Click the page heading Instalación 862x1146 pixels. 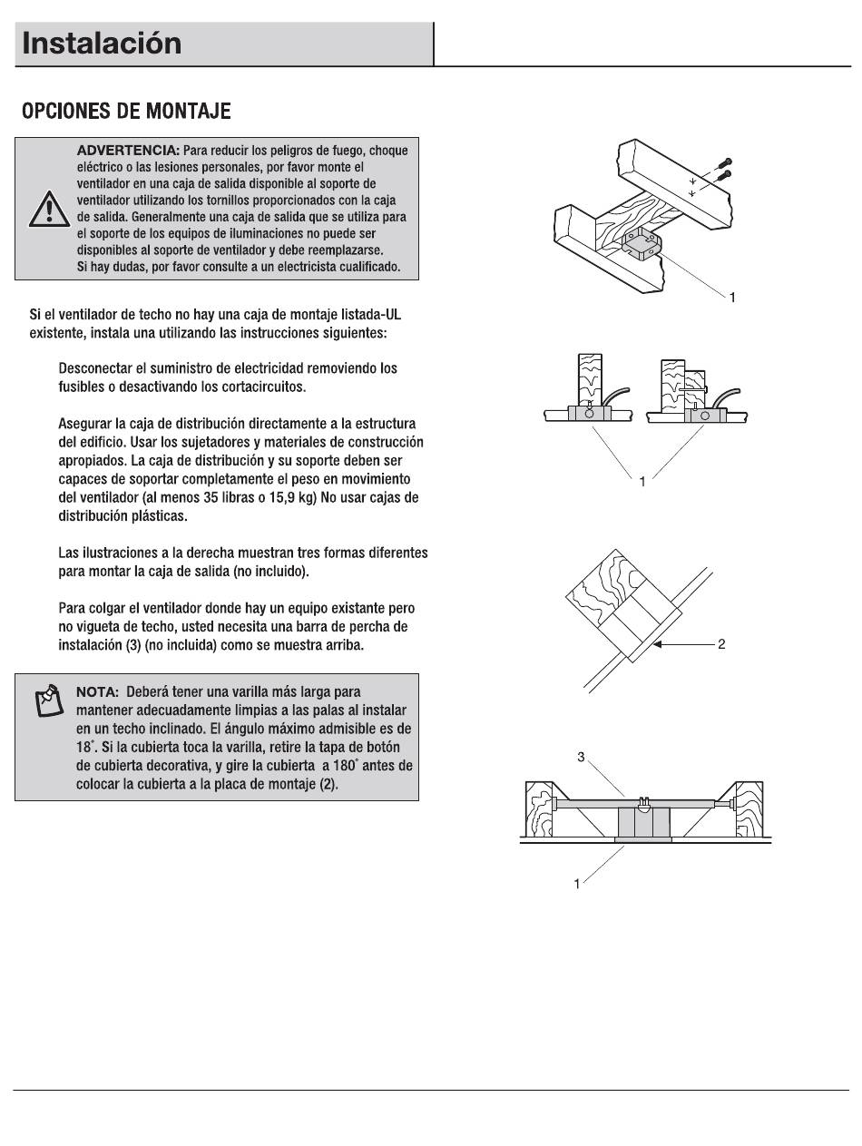tap(102, 44)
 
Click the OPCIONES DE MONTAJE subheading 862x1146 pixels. tap(126, 111)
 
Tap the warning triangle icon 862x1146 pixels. tap(49, 209)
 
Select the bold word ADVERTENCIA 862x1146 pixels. tap(128, 151)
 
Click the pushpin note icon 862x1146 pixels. tap(49, 700)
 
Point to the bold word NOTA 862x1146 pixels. tap(98, 692)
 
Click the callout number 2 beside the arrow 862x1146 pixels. tap(721, 644)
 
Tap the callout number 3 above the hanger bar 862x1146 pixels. tap(581, 757)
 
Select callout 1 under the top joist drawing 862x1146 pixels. tap(732, 298)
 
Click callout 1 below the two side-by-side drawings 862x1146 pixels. tap(642, 482)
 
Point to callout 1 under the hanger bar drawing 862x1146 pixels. tap(577, 884)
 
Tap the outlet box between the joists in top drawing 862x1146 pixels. tap(642, 243)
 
